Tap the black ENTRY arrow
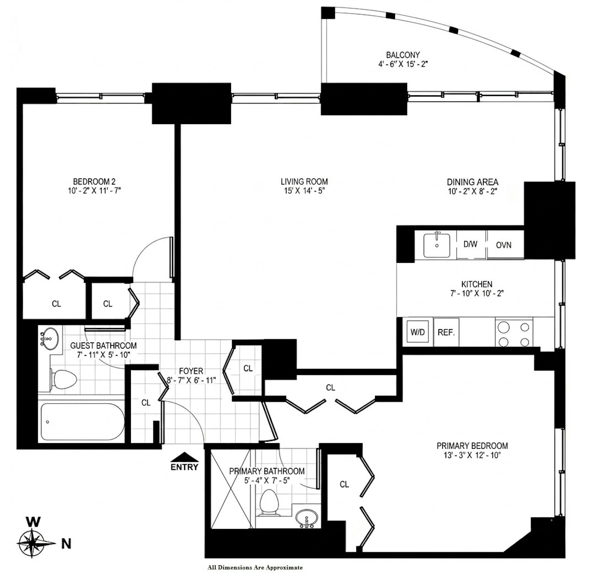click(x=184, y=457)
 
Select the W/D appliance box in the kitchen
click(x=418, y=332)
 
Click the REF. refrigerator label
click(x=446, y=332)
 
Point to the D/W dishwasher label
click(x=470, y=244)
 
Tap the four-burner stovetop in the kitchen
click(x=513, y=334)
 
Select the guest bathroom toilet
click(x=63, y=379)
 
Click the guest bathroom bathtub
click(x=82, y=421)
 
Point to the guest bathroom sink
click(x=48, y=339)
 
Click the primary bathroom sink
click(x=306, y=519)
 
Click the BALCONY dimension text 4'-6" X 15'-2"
click(x=403, y=64)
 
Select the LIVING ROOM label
click(x=304, y=181)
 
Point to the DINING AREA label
click(x=472, y=182)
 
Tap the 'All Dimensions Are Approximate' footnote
click(x=255, y=568)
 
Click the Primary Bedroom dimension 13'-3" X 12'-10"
click(x=472, y=455)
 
